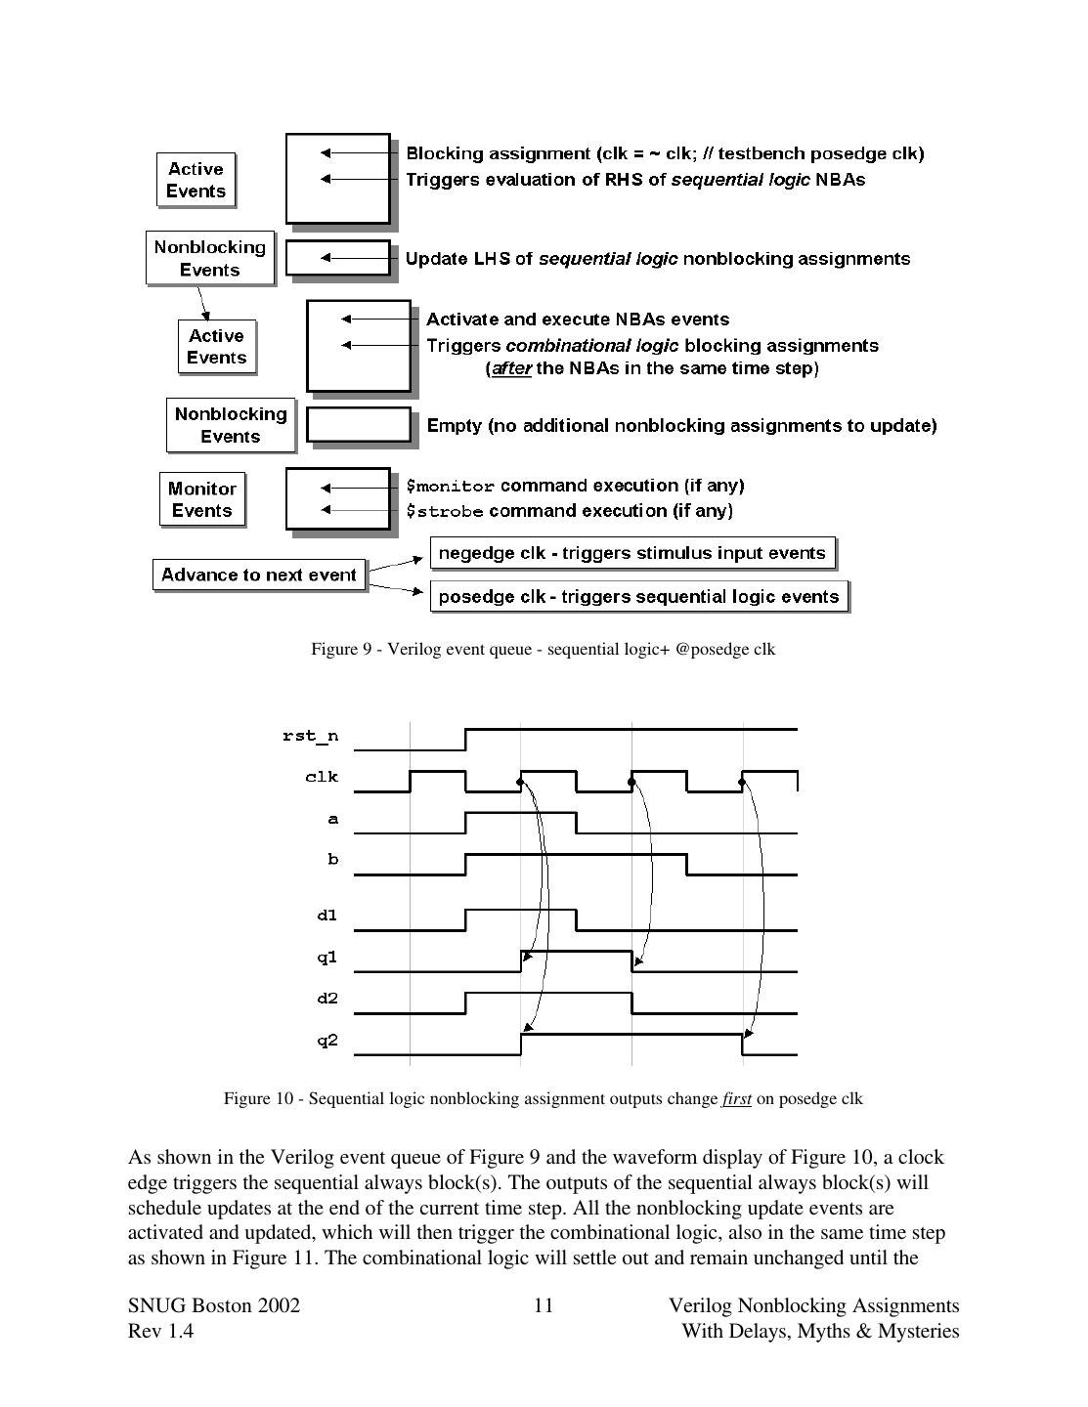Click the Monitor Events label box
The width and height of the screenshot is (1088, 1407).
(201, 499)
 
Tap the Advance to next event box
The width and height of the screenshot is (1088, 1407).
(259, 575)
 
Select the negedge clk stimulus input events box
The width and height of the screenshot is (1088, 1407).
(632, 553)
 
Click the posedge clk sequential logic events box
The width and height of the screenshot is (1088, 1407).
(638, 596)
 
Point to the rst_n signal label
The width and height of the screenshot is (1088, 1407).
(310, 736)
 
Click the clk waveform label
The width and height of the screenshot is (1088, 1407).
(322, 777)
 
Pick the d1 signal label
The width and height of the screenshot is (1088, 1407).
(326, 916)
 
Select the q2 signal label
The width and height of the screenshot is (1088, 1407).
(326, 1041)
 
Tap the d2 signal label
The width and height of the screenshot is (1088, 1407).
(326, 999)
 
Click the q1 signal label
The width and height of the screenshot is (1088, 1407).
(326, 958)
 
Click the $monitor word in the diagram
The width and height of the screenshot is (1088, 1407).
(451, 487)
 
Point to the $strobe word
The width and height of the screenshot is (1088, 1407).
(445, 511)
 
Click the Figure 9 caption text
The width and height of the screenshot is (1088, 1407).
(543, 649)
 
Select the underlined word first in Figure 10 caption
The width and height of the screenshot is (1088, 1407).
(736, 1098)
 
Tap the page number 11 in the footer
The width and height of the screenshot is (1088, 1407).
(544, 1305)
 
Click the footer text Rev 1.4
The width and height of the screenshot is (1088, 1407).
(160, 1331)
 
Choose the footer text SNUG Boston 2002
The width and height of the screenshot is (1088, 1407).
(214, 1305)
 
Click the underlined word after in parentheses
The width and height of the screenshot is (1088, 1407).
(511, 368)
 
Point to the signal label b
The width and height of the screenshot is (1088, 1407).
(332, 860)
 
